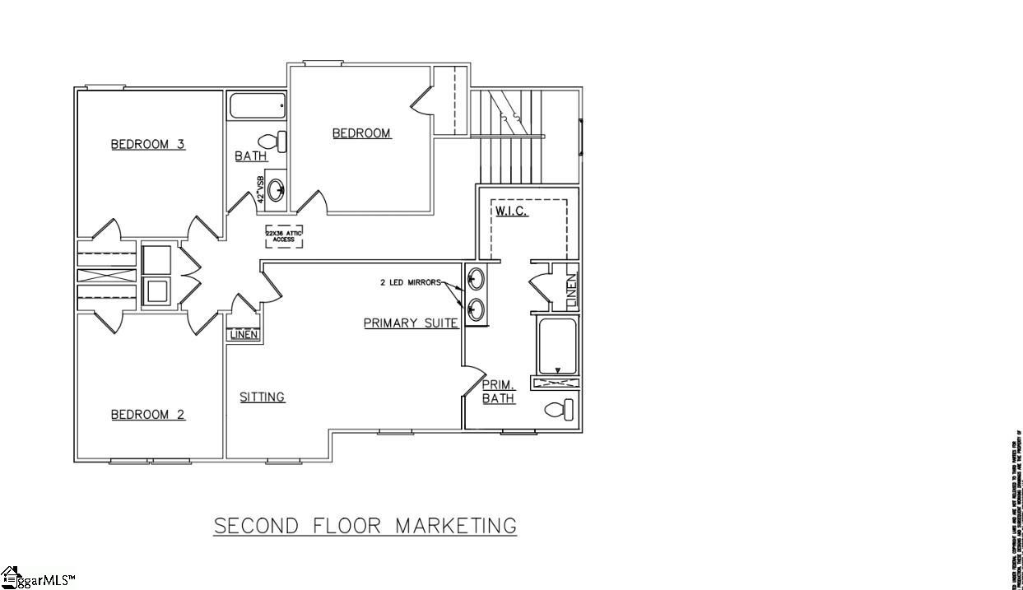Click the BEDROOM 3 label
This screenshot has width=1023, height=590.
(148, 145)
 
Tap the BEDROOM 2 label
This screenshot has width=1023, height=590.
(148, 415)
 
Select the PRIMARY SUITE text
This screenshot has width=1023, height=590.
(411, 323)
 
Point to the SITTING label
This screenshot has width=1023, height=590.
(262, 397)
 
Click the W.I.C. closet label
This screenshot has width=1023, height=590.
(511, 211)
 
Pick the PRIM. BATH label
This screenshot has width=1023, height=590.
(498, 392)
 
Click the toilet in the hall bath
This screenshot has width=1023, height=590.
(272, 141)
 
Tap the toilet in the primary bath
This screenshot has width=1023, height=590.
(559, 409)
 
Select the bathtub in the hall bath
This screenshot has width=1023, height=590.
(257, 106)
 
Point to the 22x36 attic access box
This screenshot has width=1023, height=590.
(284, 236)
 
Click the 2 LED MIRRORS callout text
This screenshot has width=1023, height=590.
(410, 282)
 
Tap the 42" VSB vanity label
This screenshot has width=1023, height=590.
(261, 189)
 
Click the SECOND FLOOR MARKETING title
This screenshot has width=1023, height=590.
(365, 525)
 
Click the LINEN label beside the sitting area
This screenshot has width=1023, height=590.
(244, 335)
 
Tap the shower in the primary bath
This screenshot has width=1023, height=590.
(557, 347)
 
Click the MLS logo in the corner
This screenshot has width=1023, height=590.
(38, 578)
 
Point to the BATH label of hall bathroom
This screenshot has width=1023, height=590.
(250, 156)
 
